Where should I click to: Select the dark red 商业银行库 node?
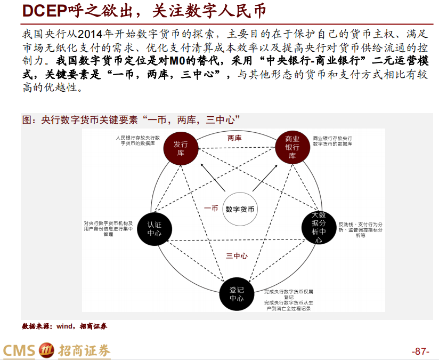tap(292, 147)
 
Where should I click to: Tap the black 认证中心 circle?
tap(155, 228)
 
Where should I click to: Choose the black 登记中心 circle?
tap(237, 294)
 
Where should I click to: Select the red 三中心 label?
tap(237, 256)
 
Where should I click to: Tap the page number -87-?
tap(420, 351)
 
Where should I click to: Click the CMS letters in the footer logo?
tap(19, 351)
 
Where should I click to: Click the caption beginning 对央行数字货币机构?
tap(108, 229)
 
